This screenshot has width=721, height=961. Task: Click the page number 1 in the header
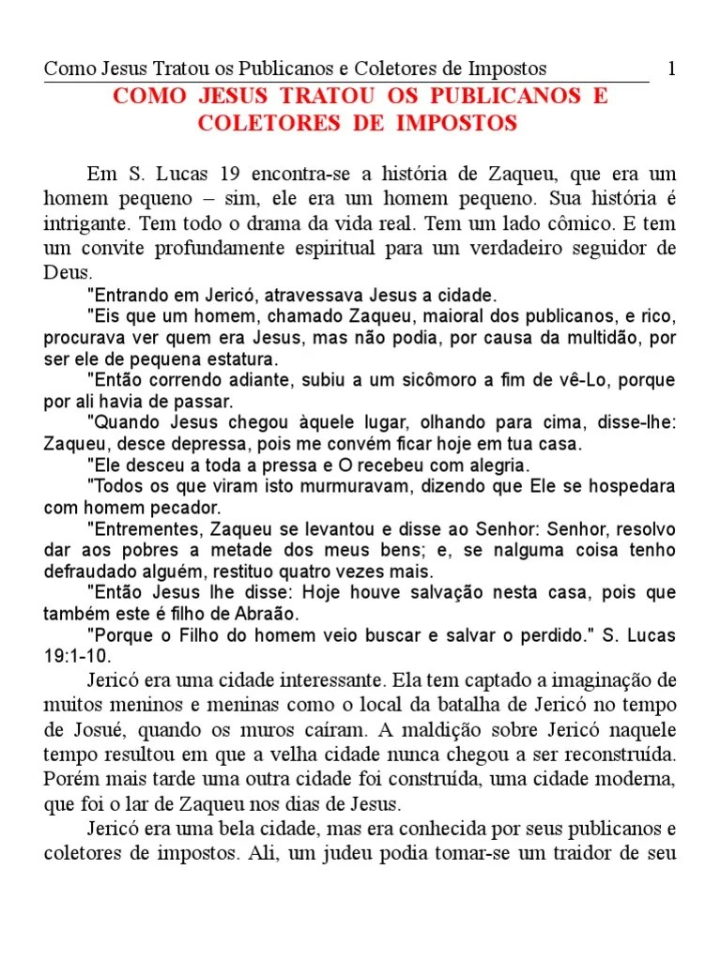[x=671, y=69]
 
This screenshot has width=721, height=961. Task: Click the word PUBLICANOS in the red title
[x=504, y=97]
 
